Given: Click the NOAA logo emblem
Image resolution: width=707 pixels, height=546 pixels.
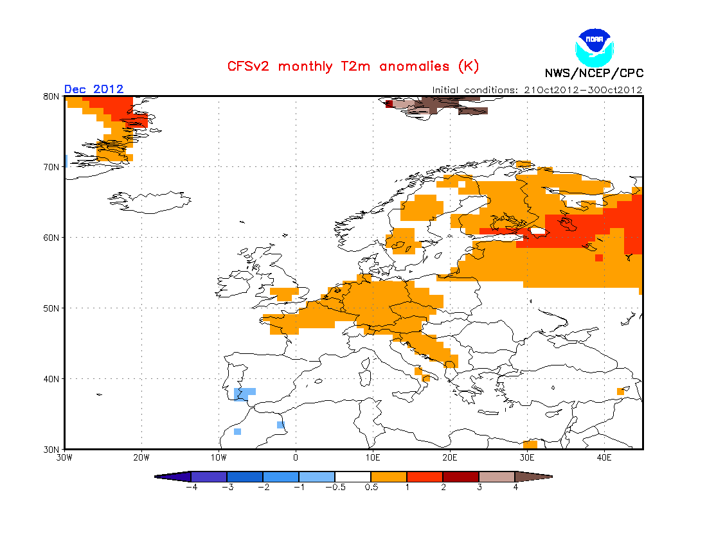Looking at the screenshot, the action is point(595,48).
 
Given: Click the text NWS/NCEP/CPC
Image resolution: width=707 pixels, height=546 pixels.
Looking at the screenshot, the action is point(594,73).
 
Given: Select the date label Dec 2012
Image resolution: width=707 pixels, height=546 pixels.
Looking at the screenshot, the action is point(94,89).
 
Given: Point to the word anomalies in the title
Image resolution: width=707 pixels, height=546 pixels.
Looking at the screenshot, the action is point(415,66).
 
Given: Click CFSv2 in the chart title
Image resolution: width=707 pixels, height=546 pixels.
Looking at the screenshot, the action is point(248,66).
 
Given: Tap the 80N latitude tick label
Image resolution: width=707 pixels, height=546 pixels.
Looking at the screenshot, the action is point(51,96).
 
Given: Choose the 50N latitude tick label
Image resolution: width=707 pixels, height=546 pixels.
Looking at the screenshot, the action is point(51,308).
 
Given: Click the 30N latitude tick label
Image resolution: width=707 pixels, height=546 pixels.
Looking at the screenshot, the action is point(51,450).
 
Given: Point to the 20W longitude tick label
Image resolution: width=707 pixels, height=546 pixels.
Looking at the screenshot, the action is point(141,458).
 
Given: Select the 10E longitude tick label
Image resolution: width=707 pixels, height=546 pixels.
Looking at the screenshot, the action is point(373,458).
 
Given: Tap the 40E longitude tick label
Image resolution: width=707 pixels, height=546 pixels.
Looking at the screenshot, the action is point(604,458).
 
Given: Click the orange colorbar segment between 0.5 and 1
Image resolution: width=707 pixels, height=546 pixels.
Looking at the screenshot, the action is point(389,477).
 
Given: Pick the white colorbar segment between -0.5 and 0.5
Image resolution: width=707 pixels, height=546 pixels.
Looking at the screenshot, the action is point(353,477).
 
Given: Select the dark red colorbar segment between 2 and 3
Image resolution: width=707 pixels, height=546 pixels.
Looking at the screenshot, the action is point(461,477).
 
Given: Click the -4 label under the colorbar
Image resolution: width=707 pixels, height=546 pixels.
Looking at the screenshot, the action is point(192,487).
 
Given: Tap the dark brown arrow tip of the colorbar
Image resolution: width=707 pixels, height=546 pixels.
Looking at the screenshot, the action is point(551,477).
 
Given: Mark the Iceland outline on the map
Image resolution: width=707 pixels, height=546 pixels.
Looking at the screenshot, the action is point(149,202).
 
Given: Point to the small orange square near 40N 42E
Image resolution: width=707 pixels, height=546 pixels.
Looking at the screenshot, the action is point(620,391).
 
